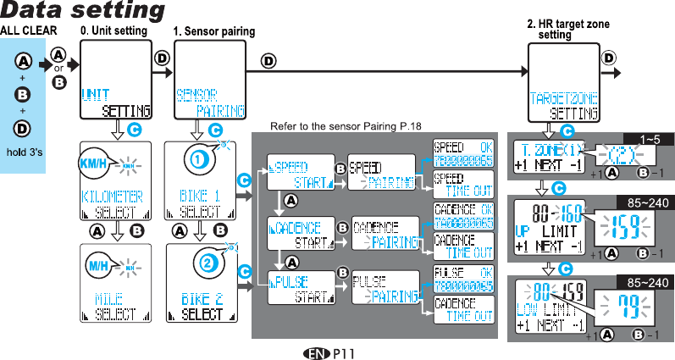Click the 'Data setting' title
(83, 11)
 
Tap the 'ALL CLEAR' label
(29, 30)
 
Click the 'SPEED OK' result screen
(463, 153)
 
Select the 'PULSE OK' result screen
(463, 279)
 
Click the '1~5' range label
(649, 138)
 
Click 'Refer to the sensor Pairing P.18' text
(345, 127)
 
